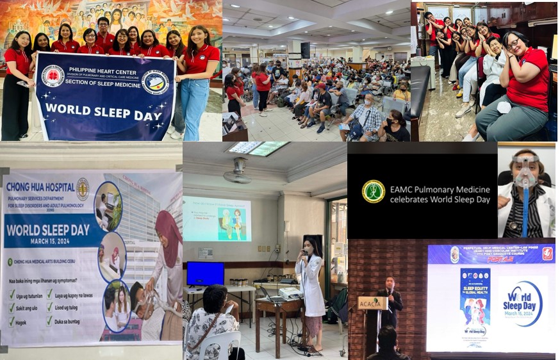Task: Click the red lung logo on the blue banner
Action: click(53, 75)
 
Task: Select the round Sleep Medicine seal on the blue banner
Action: click(154, 82)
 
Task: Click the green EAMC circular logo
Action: click(373, 192)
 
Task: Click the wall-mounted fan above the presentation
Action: click(238, 171)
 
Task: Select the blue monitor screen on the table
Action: click(205, 274)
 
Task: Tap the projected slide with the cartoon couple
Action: click(217, 218)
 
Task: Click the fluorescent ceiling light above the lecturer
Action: click(253, 148)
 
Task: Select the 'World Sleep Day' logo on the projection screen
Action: click(522, 300)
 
